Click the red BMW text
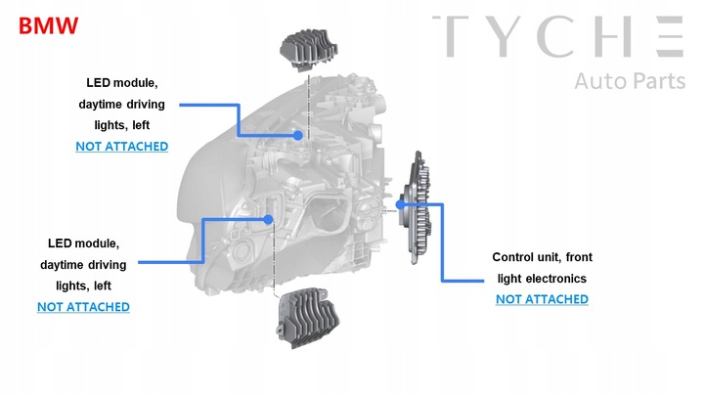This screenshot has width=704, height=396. (x=48, y=23)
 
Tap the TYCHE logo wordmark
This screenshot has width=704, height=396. (x=557, y=37)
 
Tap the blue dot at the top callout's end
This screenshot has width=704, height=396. (x=298, y=136)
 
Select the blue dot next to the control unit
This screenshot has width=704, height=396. (x=401, y=205)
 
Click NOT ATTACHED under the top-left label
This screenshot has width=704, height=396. (x=122, y=146)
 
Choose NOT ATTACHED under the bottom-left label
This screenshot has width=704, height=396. (x=83, y=306)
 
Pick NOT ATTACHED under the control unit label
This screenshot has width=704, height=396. (x=542, y=298)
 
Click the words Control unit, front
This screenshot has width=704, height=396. (x=542, y=257)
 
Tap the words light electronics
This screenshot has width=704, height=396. (x=542, y=278)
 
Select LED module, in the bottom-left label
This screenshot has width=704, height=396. (x=83, y=242)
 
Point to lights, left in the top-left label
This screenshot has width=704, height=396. (x=122, y=124)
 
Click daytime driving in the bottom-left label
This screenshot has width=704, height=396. (x=83, y=264)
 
